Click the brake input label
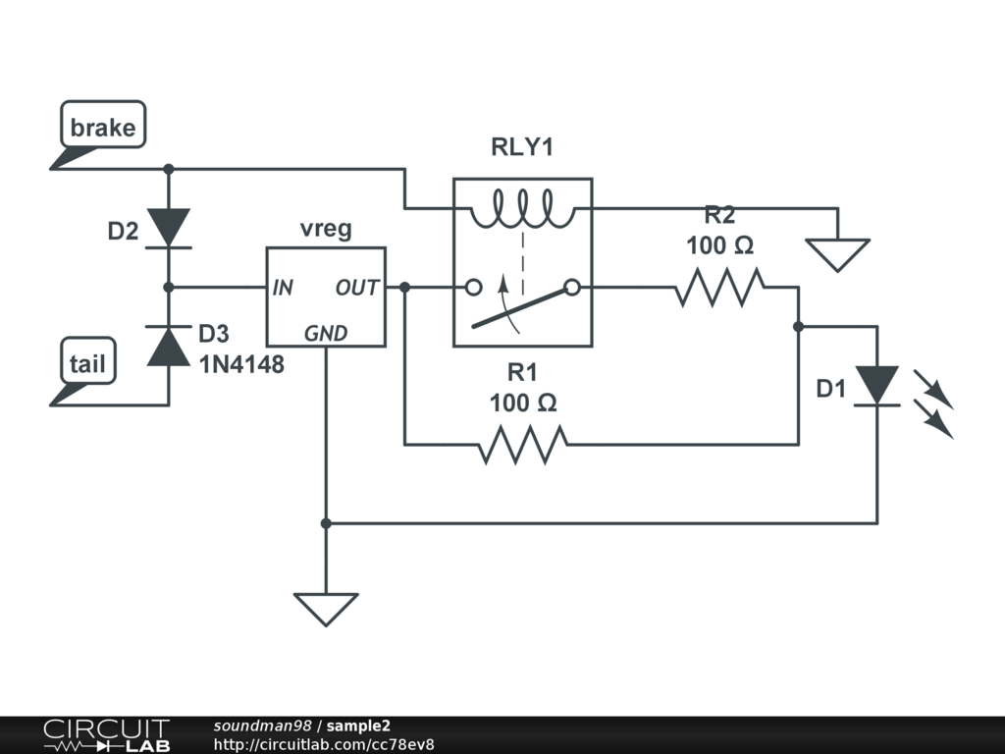click(x=103, y=127)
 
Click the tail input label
click(x=87, y=363)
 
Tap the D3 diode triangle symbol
click(x=169, y=347)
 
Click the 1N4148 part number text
click(x=241, y=364)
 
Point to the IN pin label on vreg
click(x=283, y=288)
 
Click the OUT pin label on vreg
click(x=357, y=288)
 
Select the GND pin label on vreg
click(x=326, y=334)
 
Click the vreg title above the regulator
click(x=326, y=229)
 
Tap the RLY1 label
click(x=522, y=147)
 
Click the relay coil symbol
click(x=522, y=208)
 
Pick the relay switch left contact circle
click(x=474, y=288)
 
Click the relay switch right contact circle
click(x=572, y=288)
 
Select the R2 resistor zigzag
click(x=719, y=288)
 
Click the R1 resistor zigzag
click(x=523, y=444)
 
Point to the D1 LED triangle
click(x=877, y=386)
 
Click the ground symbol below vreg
click(x=326, y=609)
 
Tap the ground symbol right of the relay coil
click(x=837, y=255)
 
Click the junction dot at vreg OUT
click(x=404, y=288)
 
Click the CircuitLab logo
click(x=106, y=734)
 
